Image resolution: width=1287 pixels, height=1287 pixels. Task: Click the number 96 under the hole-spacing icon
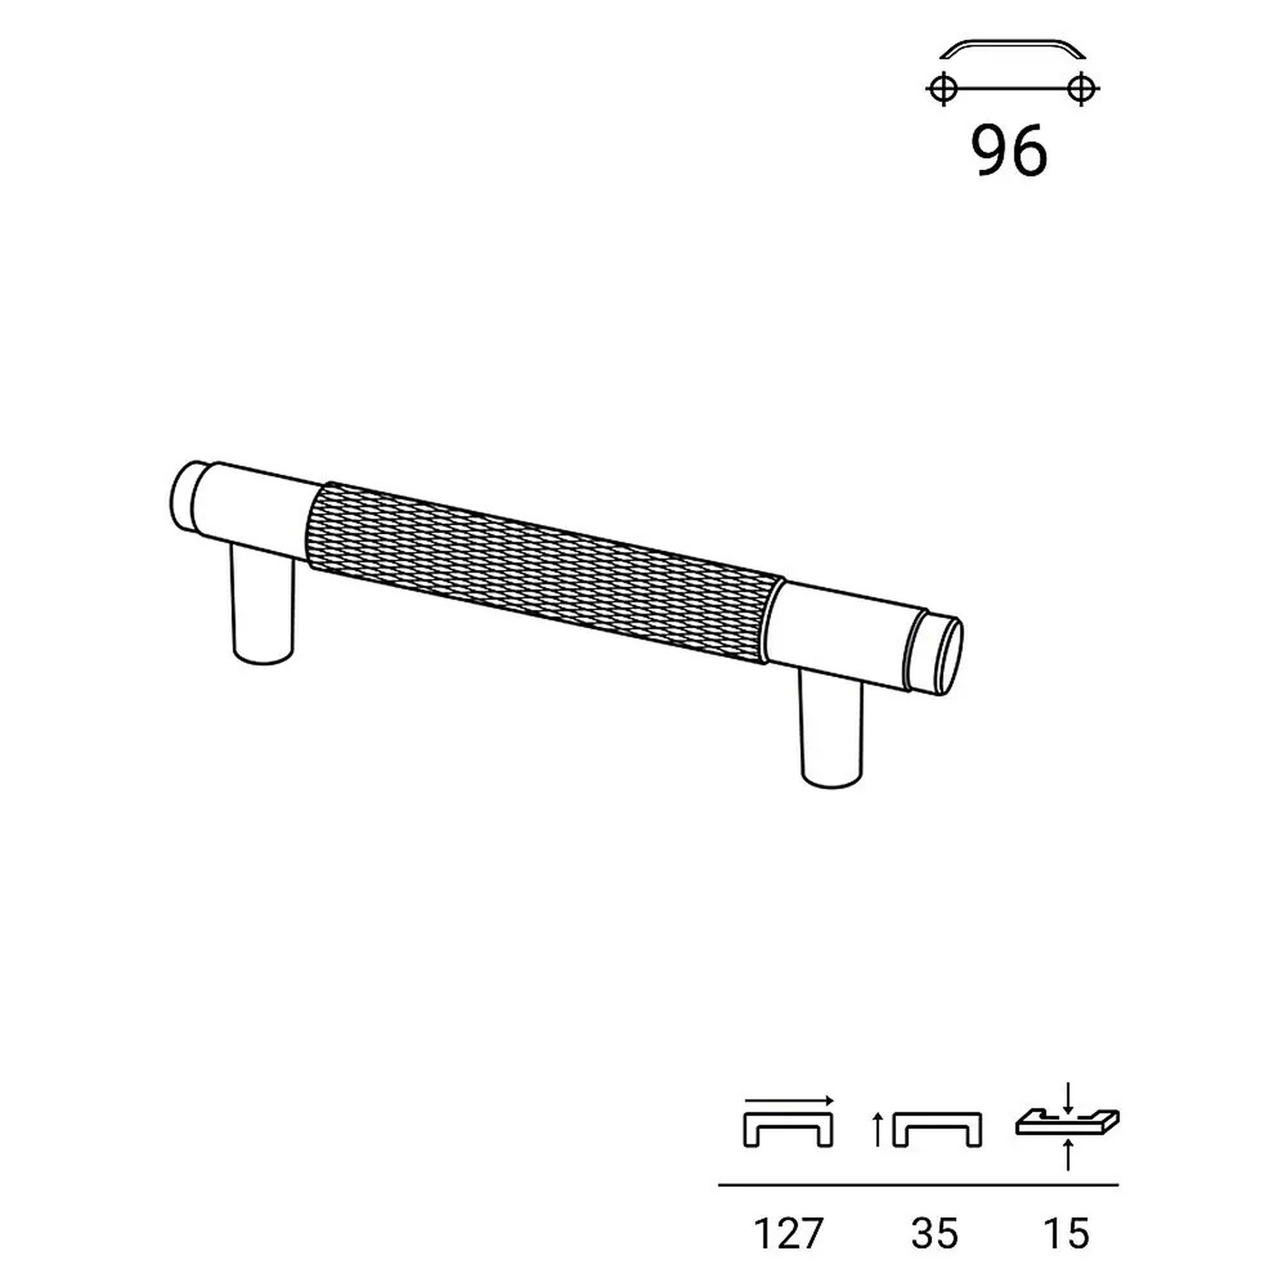(x=1008, y=151)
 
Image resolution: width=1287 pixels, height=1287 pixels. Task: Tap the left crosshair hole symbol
(x=943, y=88)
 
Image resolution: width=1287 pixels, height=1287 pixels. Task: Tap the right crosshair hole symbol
(x=1080, y=88)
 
